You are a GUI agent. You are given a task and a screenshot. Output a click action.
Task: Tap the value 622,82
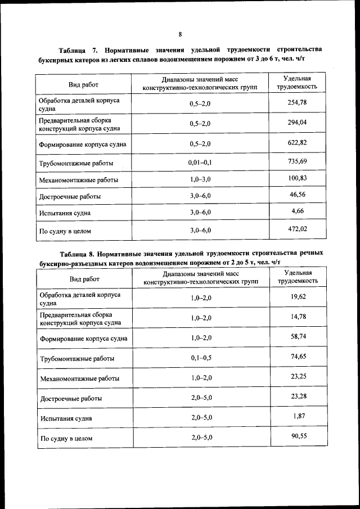pos(298,142)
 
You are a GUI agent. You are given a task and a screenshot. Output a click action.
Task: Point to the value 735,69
pos(298,161)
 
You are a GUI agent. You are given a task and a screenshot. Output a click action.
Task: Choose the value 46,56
pos(298,195)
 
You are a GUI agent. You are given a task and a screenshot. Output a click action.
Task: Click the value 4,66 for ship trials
pos(298,211)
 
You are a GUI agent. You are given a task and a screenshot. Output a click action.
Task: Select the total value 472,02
pos(298,228)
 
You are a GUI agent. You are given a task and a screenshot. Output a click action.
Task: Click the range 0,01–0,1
pos(200,163)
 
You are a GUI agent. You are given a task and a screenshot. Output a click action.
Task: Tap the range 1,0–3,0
pos(200,180)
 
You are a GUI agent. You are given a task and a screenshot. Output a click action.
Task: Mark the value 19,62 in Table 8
pos(298,296)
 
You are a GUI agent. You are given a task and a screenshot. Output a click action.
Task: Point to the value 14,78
pos(298,317)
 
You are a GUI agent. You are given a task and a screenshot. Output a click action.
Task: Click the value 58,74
pos(298,336)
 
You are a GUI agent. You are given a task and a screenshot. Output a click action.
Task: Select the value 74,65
pos(298,356)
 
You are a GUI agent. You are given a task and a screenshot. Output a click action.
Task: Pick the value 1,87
pos(298,416)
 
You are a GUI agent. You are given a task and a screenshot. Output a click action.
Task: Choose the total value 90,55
pos(298,435)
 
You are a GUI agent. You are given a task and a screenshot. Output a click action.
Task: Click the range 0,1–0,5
pos(201,358)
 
